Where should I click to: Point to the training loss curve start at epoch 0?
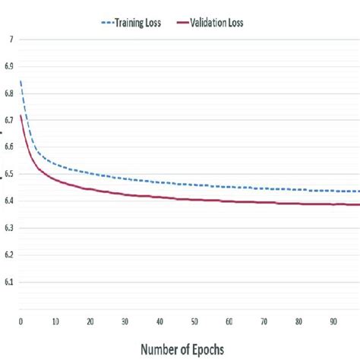point(21,81)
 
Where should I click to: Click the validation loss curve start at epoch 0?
point(21,115)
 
